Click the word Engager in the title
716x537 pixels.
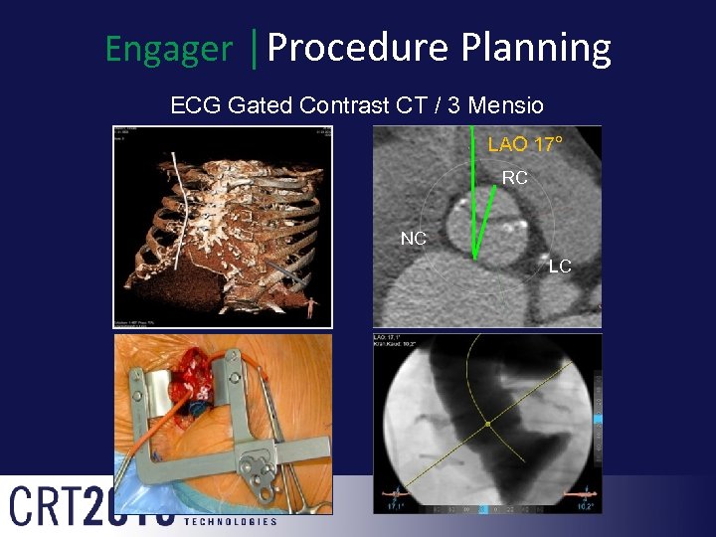169,49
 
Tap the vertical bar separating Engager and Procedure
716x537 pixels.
256,47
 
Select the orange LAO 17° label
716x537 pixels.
525,145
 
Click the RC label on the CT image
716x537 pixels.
514,179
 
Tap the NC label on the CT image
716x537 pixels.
414,239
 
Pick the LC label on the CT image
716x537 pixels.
560,267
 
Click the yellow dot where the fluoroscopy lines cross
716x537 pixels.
487,425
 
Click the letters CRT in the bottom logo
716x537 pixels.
45,505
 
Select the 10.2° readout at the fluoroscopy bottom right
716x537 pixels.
585,506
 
